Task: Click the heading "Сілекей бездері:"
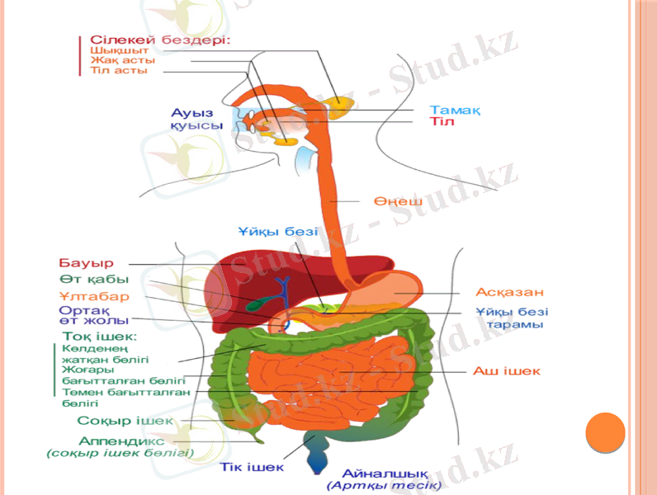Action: [159, 39]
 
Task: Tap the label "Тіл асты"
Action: [119, 71]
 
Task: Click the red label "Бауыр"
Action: [86, 263]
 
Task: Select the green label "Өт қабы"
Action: [93, 280]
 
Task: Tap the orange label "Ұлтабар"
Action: [93, 296]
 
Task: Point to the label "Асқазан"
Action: [509, 292]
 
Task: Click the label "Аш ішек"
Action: [506, 371]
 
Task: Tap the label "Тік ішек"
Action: [252, 467]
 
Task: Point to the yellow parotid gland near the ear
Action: [338, 105]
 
